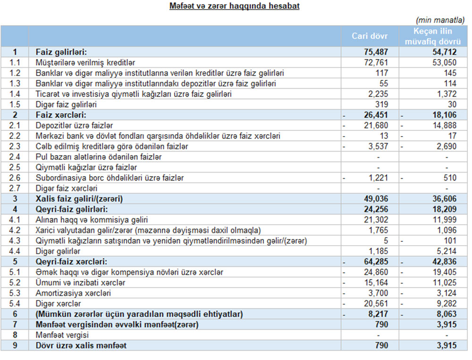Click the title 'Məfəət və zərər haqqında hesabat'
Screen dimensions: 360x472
coord(234,7)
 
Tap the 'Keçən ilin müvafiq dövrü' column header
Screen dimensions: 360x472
coord(433,36)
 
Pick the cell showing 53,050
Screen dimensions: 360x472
coord(443,62)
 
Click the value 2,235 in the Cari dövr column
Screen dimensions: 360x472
coord(377,94)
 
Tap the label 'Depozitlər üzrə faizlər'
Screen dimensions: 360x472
coord(74,126)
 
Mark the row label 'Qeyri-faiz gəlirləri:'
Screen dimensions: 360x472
coord(71,209)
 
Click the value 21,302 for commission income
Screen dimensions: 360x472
coord(376,220)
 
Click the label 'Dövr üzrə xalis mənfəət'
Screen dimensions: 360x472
coord(81,346)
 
